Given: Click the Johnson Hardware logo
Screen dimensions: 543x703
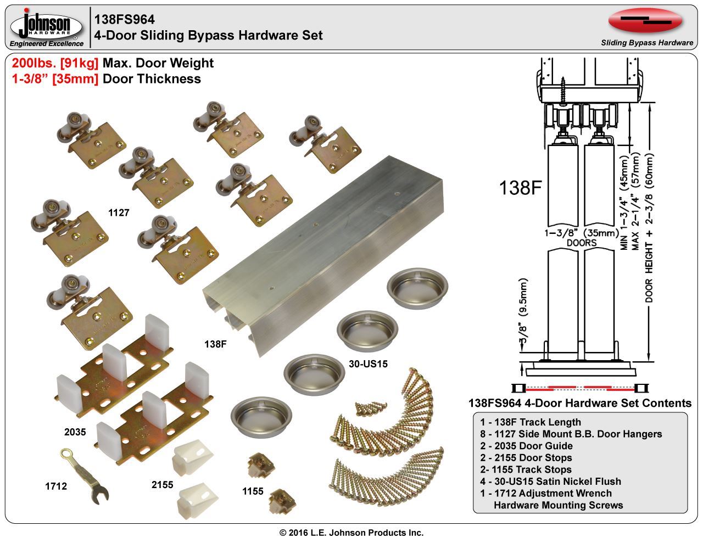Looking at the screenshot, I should (46, 27).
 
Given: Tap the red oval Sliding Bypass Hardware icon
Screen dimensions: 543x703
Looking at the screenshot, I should (645, 21).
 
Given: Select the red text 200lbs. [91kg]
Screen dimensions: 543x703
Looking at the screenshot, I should (55, 63).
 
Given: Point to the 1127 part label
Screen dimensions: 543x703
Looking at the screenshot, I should (119, 212).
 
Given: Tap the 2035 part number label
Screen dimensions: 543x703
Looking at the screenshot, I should (75, 432).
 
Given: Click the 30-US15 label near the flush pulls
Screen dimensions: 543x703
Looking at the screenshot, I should (368, 363).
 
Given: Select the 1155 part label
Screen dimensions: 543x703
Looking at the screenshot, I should (253, 491).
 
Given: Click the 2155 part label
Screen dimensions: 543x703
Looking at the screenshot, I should (162, 485).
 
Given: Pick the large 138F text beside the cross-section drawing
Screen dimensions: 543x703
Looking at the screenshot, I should (521, 188).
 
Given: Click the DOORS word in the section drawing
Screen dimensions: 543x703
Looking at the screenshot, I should (581, 242).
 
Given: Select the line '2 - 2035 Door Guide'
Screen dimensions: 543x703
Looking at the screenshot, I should (526, 446).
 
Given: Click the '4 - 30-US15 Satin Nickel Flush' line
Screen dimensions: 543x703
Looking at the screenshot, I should (550, 482).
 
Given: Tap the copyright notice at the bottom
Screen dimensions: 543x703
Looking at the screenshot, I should (351, 533).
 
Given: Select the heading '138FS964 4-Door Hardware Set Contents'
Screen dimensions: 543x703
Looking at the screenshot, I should (579, 403).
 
